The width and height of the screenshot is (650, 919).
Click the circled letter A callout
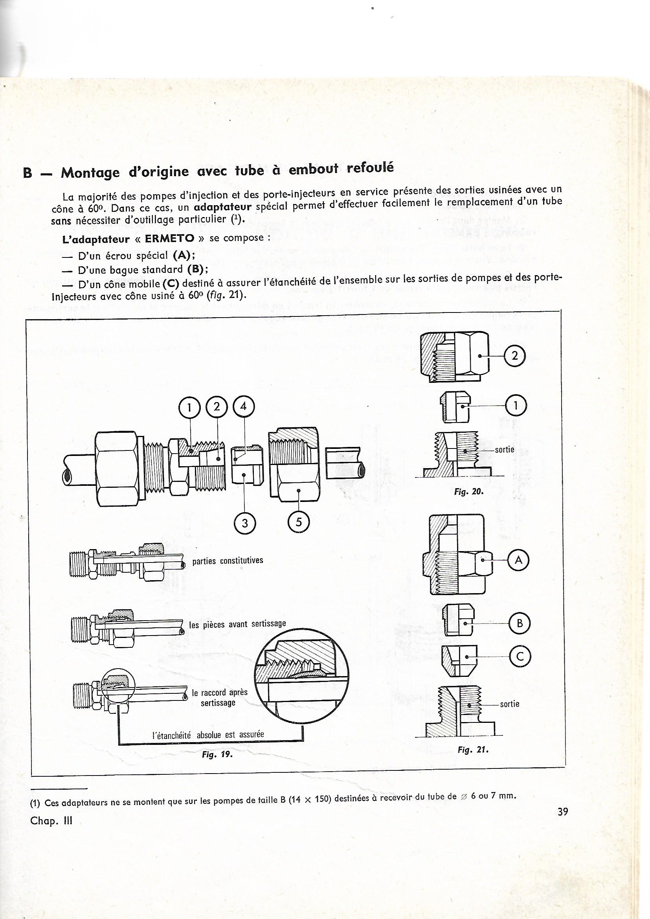(518, 561)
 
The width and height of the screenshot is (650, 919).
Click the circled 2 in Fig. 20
(515, 356)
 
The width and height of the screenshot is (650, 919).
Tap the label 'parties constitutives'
(228, 561)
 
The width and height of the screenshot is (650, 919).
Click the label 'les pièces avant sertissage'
(237, 624)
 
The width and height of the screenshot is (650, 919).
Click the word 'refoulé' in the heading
(370, 167)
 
